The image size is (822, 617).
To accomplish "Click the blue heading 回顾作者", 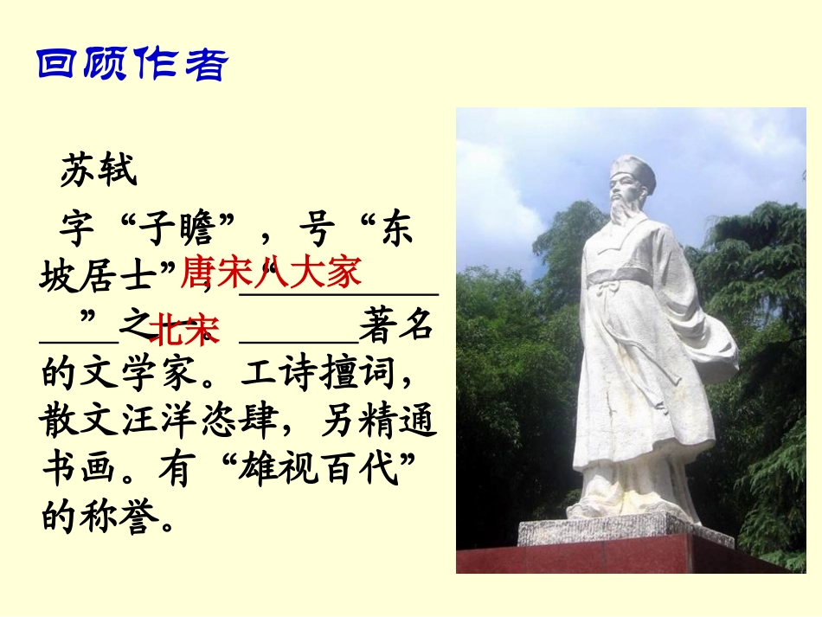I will tap(132, 66).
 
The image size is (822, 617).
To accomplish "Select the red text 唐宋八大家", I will tap(270, 273).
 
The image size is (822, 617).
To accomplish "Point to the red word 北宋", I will tap(184, 330).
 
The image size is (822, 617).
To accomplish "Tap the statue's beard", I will tap(623, 215).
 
